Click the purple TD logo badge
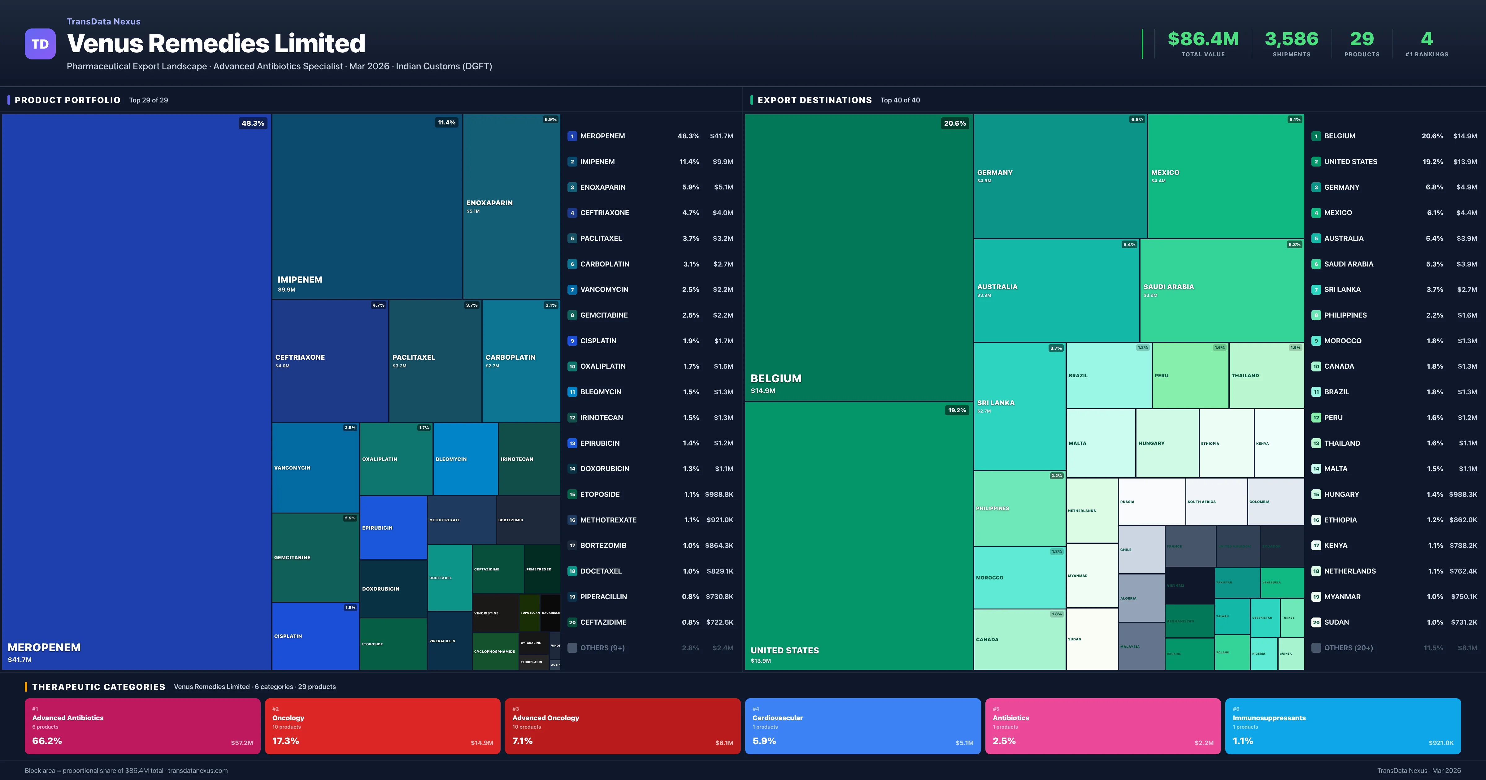point(40,44)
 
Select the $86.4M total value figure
point(1203,39)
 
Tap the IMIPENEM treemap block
point(367,206)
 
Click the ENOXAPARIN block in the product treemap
point(511,206)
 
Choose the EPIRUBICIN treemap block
point(393,527)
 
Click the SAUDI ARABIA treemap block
point(1221,290)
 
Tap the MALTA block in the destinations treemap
point(1100,443)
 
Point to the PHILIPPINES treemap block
point(1019,508)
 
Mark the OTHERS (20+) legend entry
point(1348,648)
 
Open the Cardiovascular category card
point(862,726)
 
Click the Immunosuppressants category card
point(1342,726)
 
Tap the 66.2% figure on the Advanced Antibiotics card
point(47,741)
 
